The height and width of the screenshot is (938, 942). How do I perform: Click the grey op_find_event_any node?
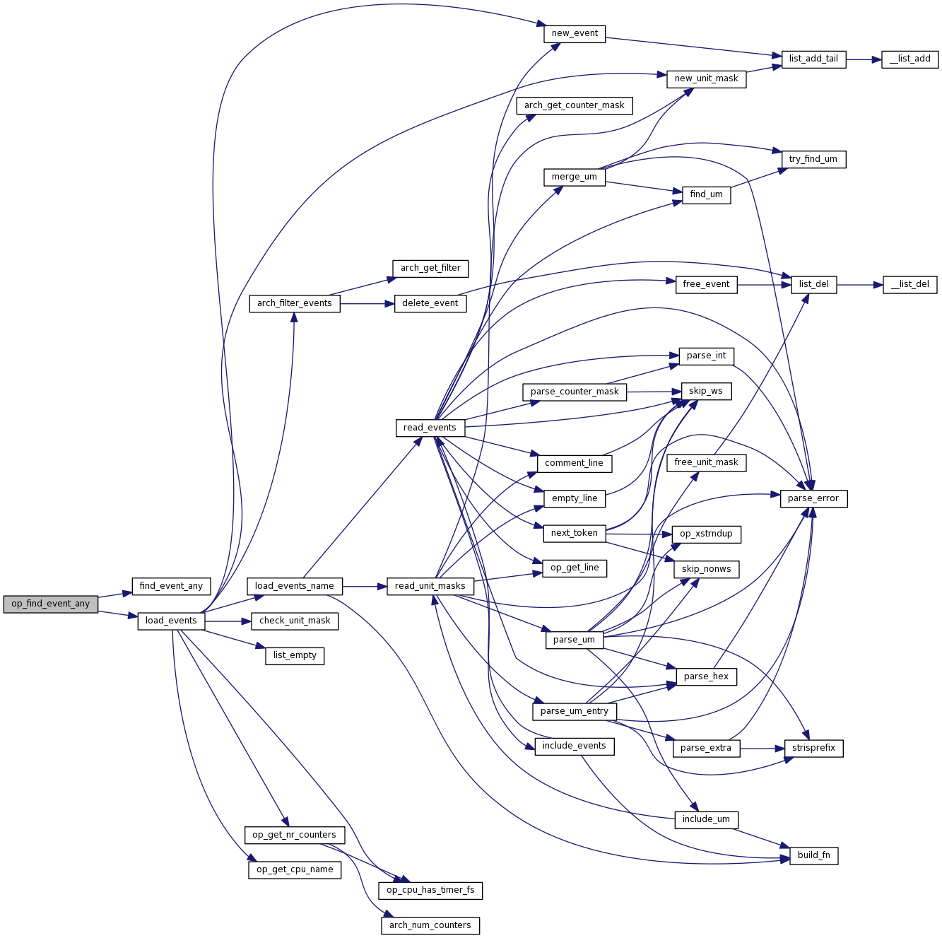pos(50,604)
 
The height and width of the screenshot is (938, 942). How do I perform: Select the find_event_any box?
pos(171,586)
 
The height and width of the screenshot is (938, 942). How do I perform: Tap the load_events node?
pos(171,621)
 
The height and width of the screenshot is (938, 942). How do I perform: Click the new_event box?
pos(575,34)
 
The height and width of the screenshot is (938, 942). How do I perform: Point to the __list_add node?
pos(909,59)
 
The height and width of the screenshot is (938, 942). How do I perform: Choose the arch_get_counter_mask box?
pos(574,106)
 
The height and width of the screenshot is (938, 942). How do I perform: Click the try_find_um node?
pos(813,160)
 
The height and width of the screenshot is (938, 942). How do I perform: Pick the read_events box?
pos(430,428)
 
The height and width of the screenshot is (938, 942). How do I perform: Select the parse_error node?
pos(813,499)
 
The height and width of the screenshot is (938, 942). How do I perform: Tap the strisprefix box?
pos(813,749)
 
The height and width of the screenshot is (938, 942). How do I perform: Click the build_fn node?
pos(813,856)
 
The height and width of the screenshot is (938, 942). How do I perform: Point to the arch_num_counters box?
pos(430,925)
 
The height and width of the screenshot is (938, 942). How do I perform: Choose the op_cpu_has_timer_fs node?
pos(430,891)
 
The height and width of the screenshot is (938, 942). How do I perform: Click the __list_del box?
pos(909,285)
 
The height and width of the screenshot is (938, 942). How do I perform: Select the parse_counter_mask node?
pos(575,392)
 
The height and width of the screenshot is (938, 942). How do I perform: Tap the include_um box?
pos(706,820)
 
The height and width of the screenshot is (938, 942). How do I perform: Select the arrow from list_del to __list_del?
pos(859,285)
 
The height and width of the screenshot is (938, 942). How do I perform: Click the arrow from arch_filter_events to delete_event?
pos(367,304)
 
